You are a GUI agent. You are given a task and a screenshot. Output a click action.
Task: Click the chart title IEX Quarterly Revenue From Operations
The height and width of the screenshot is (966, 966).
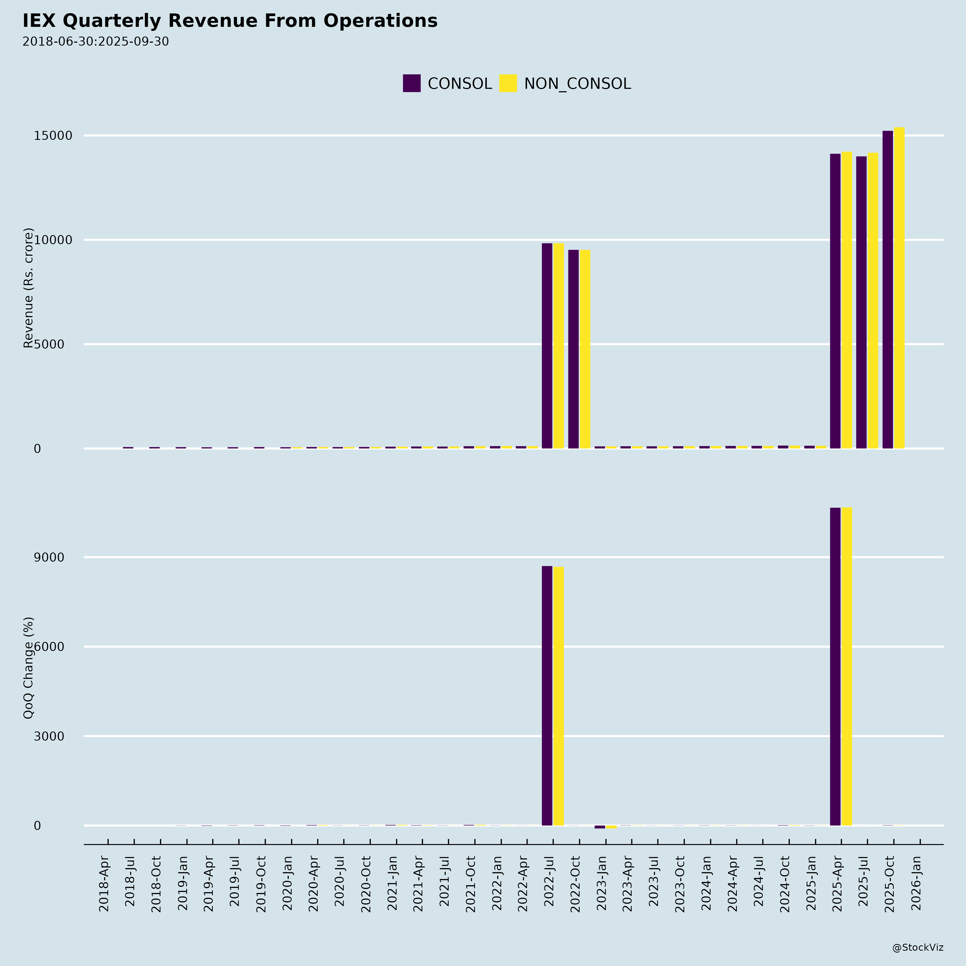pyautogui.click(x=230, y=21)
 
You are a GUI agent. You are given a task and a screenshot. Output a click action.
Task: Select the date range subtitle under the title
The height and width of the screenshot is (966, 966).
pyautogui.click(x=96, y=42)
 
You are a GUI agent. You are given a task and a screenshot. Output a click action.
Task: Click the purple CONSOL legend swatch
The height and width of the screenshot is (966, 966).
pyautogui.click(x=412, y=83)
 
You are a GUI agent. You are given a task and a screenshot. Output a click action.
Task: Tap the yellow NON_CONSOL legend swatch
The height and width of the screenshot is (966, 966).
pyautogui.click(x=508, y=83)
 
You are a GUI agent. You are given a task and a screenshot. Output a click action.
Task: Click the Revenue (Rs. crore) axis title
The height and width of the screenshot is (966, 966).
pyautogui.click(x=28, y=288)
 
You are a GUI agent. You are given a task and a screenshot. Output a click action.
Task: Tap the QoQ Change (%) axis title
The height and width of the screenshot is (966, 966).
pyautogui.click(x=28, y=668)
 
